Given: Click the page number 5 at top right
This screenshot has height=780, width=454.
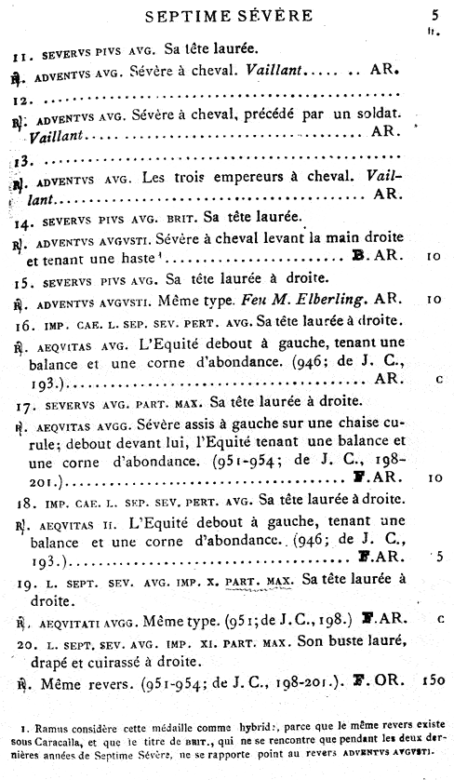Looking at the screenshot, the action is pos(434,15).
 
